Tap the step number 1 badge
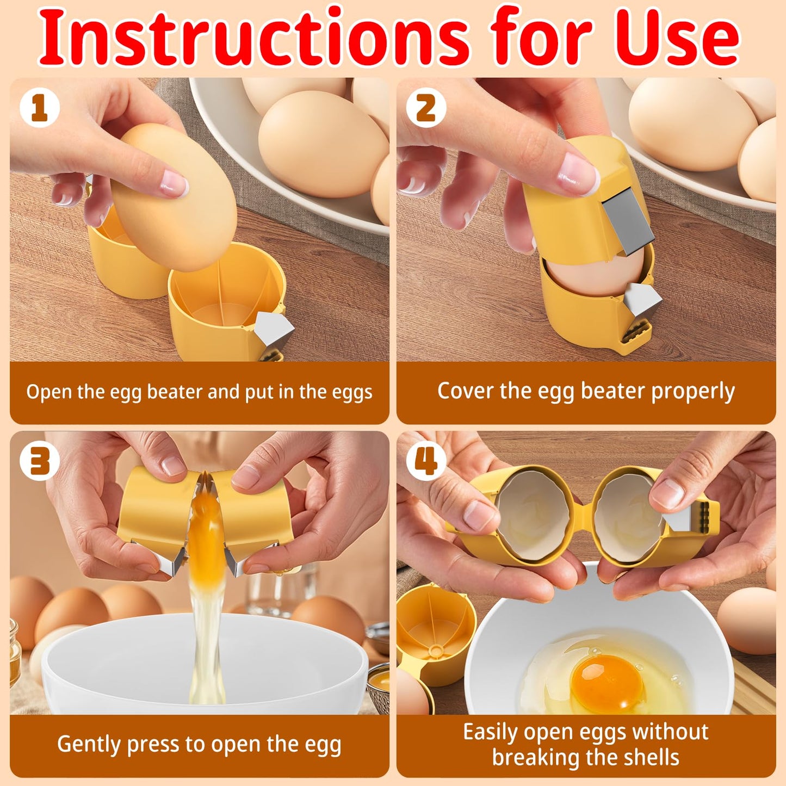pyautogui.click(x=39, y=108)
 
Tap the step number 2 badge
pyautogui.click(x=426, y=108)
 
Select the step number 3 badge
pyautogui.click(x=39, y=461)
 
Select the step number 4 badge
pyautogui.click(x=426, y=461)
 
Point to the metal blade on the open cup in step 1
pyautogui.click(x=273, y=329)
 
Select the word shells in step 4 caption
pyautogui.click(x=653, y=758)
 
